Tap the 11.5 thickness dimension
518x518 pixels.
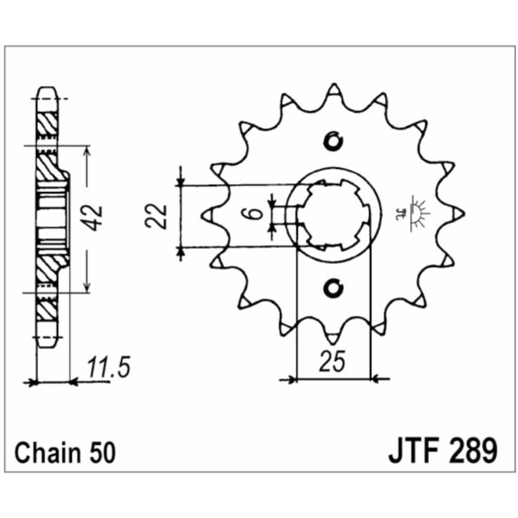click(x=109, y=367)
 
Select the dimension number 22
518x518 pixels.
click(x=155, y=216)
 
